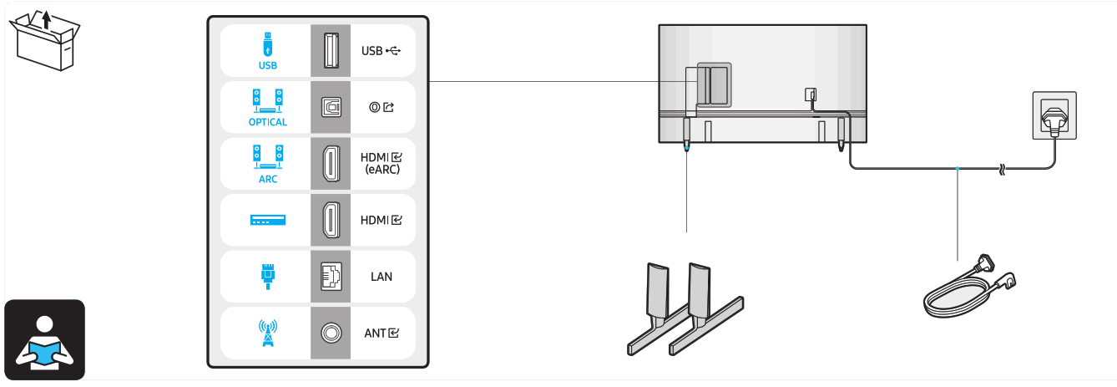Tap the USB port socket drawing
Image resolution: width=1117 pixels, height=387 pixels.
click(329, 50)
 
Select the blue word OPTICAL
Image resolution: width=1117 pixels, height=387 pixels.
click(267, 122)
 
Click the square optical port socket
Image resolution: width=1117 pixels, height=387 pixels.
click(329, 107)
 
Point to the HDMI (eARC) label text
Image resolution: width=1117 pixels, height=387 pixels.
click(381, 163)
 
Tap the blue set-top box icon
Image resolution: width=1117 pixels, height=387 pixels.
click(267, 220)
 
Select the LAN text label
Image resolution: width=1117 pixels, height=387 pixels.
click(381, 277)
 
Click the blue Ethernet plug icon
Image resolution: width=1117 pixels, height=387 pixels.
click(267, 275)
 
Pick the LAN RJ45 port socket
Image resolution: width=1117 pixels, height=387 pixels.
click(329, 277)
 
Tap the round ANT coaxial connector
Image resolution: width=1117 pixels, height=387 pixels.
click(329, 333)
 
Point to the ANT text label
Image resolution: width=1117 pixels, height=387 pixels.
click(381, 333)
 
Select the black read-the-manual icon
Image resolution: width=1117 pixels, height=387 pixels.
click(44, 339)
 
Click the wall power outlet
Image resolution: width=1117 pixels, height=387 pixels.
click(1054, 115)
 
